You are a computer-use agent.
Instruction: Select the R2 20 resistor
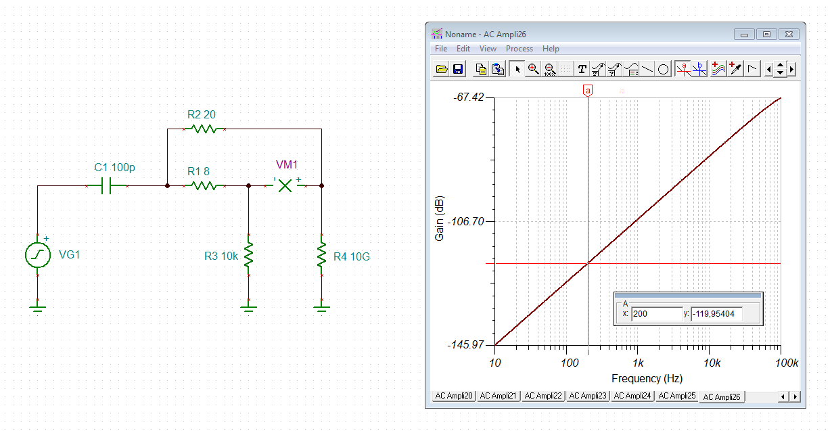[x=203, y=128]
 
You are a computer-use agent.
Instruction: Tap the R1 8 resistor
[x=203, y=185]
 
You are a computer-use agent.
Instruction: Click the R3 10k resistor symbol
[x=249, y=256]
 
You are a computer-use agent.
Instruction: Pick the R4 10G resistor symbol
[x=321, y=256]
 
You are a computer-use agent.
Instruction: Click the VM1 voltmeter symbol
[x=285, y=185]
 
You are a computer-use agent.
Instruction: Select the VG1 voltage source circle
[x=37, y=255]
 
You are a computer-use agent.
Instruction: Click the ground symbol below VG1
[x=37, y=308]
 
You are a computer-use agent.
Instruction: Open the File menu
[x=441, y=49]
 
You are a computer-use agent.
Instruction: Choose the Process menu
[x=519, y=49]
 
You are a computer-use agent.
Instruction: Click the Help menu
[x=551, y=49]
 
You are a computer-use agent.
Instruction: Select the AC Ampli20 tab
[x=454, y=396]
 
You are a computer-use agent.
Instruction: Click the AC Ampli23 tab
[x=588, y=396]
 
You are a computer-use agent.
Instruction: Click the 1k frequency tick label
[x=637, y=363]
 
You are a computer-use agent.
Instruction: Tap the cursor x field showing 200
[x=656, y=314]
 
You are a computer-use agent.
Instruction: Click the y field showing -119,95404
[x=717, y=314]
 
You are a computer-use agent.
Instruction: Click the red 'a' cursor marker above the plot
[x=588, y=90]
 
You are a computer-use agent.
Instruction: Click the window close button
[x=788, y=34]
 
